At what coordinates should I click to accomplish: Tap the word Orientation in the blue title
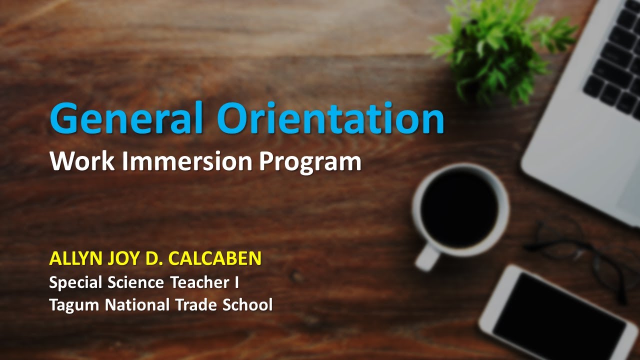tap(330, 118)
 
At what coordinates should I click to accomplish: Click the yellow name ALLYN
tap(75, 258)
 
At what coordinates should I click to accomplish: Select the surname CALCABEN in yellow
tap(214, 258)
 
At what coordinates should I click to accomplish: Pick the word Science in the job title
tap(136, 282)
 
